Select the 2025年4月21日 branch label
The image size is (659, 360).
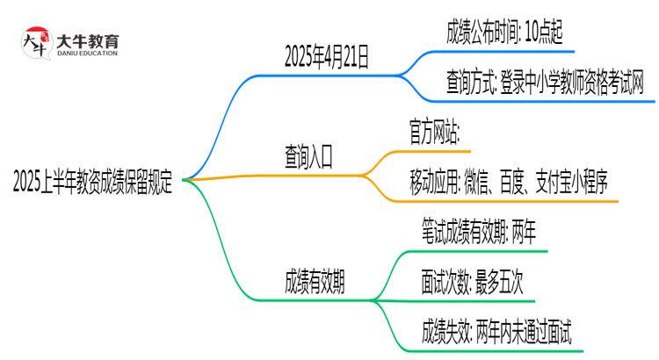(x=327, y=58)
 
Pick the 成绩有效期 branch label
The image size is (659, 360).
(x=315, y=283)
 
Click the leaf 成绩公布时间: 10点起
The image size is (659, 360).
(x=498, y=34)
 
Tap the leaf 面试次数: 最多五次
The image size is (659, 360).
(x=473, y=283)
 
